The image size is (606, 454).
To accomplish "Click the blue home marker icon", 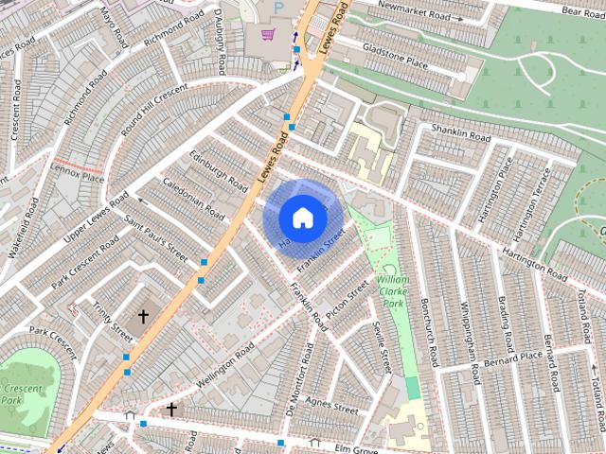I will pyautogui.click(x=302, y=218).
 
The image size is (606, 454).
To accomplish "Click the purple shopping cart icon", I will pyautogui.click(x=268, y=34).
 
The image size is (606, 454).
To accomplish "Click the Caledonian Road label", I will pyautogui.click(x=193, y=197).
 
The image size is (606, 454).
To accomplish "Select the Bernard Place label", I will pyautogui.click(x=510, y=360).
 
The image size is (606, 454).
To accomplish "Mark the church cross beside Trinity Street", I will pyautogui.click(x=144, y=316).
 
